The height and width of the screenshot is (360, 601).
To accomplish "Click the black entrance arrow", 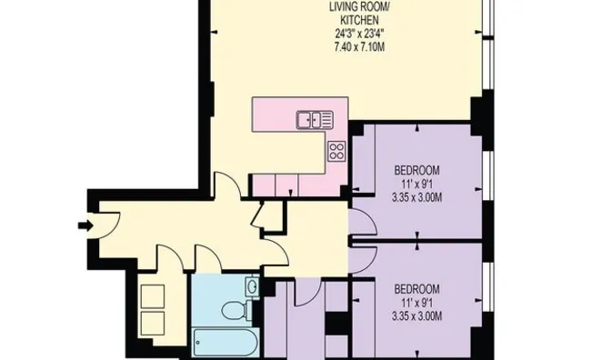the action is (x=85, y=225).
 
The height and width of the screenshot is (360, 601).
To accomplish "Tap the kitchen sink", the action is (x=315, y=120).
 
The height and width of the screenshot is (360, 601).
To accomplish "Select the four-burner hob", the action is (x=337, y=151).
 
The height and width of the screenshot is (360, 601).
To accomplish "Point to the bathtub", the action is (x=225, y=343).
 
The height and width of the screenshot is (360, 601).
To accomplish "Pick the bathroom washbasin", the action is (x=252, y=286).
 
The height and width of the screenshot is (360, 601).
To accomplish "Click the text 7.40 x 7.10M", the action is (x=359, y=47).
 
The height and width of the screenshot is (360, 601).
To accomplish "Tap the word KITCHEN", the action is (x=359, y=20).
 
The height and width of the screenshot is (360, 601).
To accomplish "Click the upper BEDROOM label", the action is (x=417, y=169).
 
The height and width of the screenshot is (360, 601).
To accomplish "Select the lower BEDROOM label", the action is (x=417, y=288).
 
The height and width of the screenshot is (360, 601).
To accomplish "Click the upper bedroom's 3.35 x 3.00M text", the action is (x=417, y=197).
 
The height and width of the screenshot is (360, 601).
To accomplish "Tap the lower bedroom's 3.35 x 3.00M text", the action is (x=417, y=316).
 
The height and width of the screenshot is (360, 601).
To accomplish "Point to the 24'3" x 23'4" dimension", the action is (x=359, y=34).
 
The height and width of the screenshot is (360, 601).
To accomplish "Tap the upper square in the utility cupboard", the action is (x=153, y=296).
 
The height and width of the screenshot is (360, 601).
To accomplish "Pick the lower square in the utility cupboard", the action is (x=153, y=323).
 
